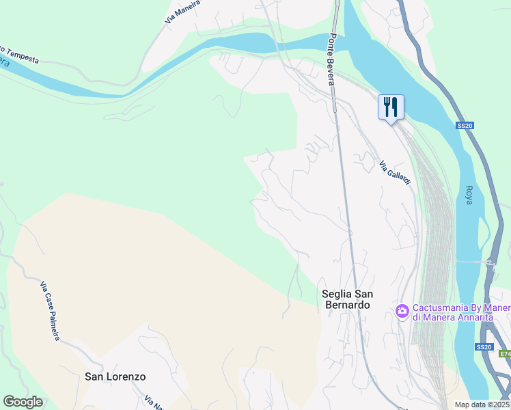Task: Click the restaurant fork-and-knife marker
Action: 391,107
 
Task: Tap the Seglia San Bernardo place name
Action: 347,299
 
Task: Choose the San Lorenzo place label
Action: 115,377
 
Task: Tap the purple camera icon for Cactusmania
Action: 402,311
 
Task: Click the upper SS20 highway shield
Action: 465,126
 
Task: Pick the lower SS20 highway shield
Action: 484,347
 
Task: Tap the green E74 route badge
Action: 504,354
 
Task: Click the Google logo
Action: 23,402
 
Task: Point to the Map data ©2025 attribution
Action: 482,405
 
